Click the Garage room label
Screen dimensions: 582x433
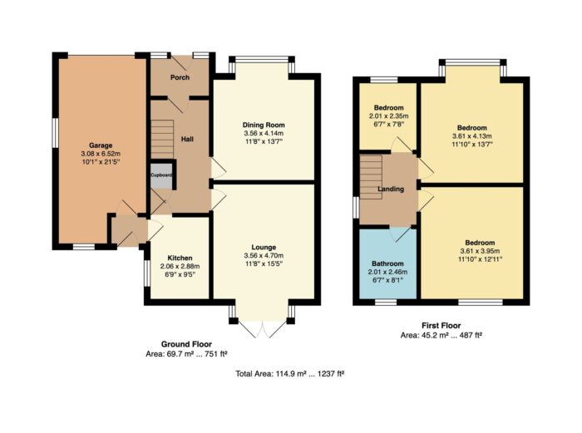[x=101, y=145]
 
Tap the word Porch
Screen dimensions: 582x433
[x=180, y=77]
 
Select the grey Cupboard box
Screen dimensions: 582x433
[x=161, y=175]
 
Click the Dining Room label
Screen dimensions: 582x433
[x=264, y=125]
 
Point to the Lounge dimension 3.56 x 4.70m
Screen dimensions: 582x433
[x=264, y=256]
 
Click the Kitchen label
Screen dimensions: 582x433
[x=180, y=258]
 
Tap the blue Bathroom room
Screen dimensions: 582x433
[x=388, y=263]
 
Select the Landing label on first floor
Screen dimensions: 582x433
[x=391, y=189]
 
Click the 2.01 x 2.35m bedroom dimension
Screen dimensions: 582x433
[x=388, y=116]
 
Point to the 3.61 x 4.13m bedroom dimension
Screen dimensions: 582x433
[x=471, y=136]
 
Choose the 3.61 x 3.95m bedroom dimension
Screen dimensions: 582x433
[x=480, y=251]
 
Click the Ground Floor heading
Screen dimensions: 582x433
[x=186, y=344]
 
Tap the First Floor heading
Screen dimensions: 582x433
[x=441, y=326]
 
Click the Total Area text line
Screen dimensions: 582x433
[x=289, y=374]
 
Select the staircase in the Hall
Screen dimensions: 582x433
[x=162, y=139]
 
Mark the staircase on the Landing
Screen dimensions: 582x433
[x=371, y=177]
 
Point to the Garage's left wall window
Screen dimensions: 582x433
[x=55, y=133]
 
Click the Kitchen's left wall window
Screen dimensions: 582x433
[x=147, y=273]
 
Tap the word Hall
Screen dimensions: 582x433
[x=187, y=140]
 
